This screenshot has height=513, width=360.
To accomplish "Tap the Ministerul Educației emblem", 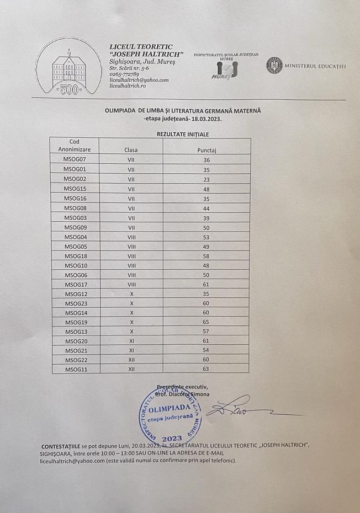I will point(274,66).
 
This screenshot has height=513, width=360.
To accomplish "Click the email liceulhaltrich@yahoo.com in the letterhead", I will point(139,80).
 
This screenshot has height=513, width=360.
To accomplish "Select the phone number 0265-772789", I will point(124,74).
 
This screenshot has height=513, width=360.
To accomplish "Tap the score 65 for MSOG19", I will point(207,321).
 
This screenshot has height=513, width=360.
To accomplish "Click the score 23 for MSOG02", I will point(207,179).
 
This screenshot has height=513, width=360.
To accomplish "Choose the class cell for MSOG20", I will point(131,341).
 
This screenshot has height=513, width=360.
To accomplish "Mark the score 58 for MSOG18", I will point(207,256).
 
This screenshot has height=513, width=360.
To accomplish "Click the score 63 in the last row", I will point(207,369).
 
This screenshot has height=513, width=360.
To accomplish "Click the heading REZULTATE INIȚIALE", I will point(182,133).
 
